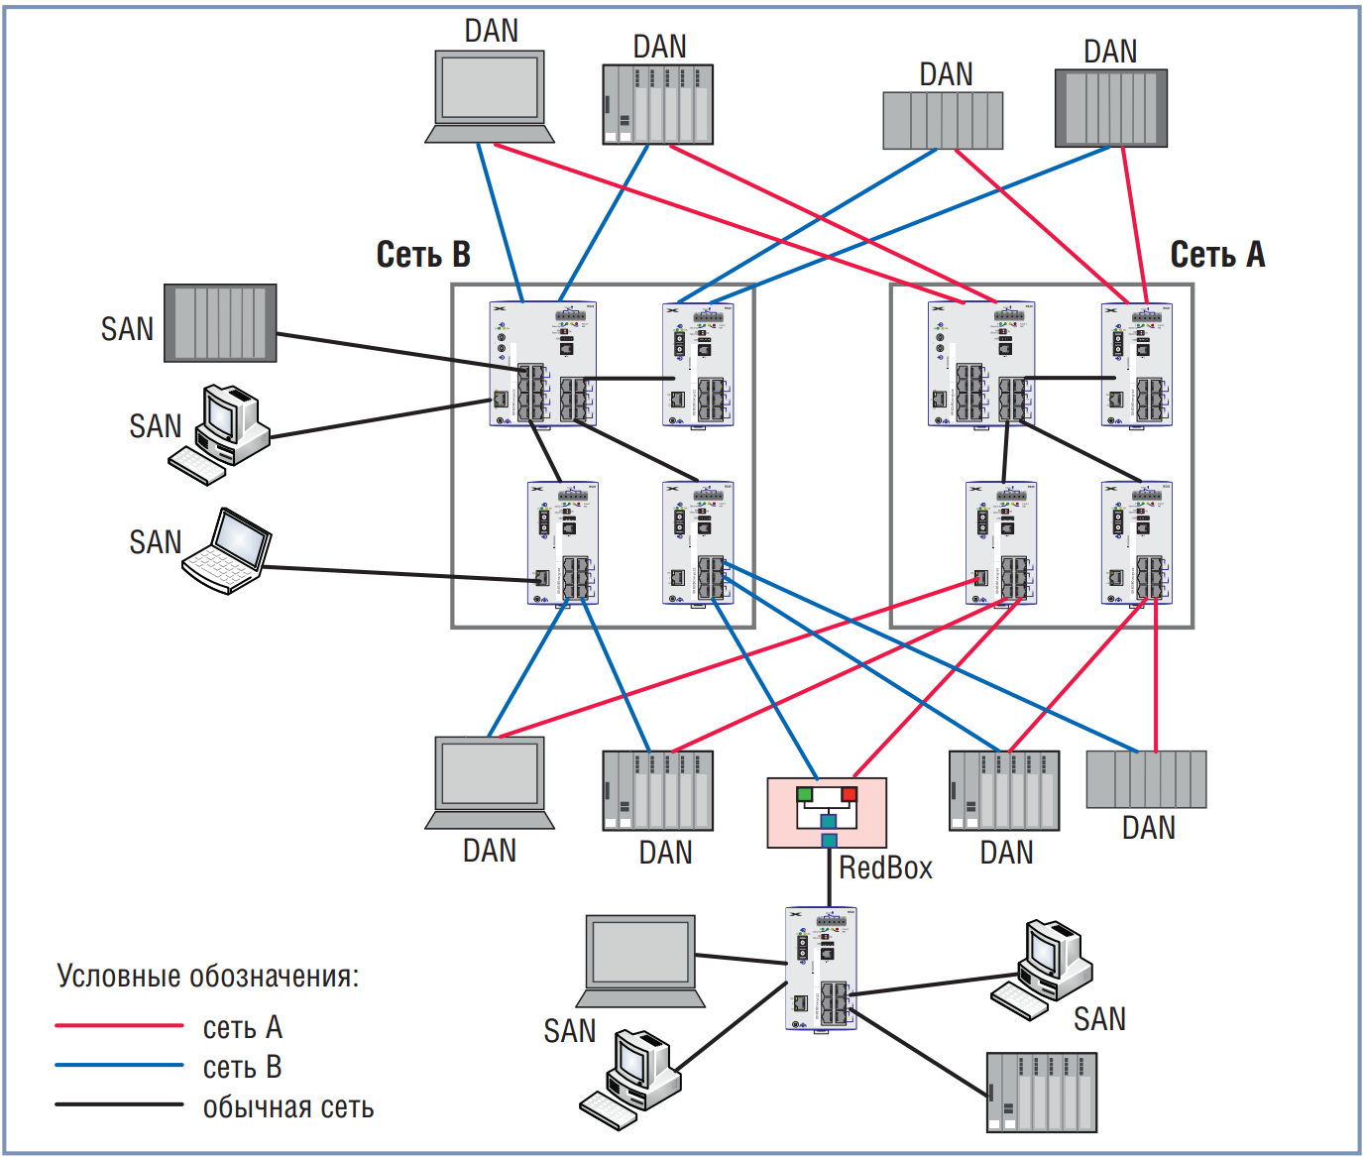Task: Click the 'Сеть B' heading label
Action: coord(423,255)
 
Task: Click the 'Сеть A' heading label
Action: coord(1217,255)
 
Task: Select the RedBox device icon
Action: coord(827,812)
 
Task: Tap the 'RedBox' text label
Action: coord(885,868)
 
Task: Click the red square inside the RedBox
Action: coord(849,794)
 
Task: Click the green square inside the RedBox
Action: coord(804,794)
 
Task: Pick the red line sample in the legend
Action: coord(119,1025)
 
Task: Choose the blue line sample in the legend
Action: coord(119,1066)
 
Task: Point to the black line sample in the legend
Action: coord(119,1104)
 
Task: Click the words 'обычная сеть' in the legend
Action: coord(288,1107)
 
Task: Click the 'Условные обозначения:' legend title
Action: coord(208,977)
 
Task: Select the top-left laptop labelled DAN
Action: coord(490,96)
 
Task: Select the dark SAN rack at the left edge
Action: coord(220,323)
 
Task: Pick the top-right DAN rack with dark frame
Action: coord(1110,108)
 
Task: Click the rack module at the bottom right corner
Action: coord(1042,1092)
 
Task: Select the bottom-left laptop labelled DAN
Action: coord(490,782)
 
